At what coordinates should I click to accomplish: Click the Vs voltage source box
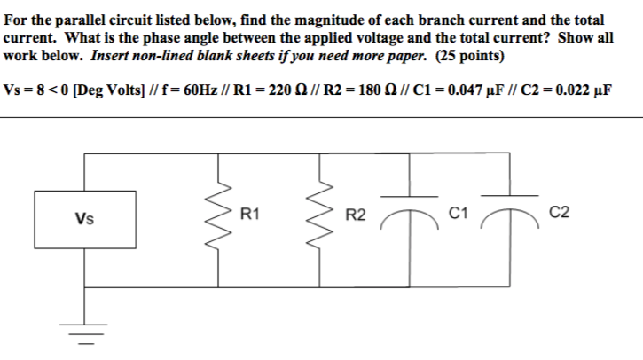(85, 215)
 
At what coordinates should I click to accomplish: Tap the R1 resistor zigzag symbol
(219, 215)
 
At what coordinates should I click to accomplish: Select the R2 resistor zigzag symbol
(319, 215)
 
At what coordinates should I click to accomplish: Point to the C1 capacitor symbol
(410, 206)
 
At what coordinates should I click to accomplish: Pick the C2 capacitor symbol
(510, 206)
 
